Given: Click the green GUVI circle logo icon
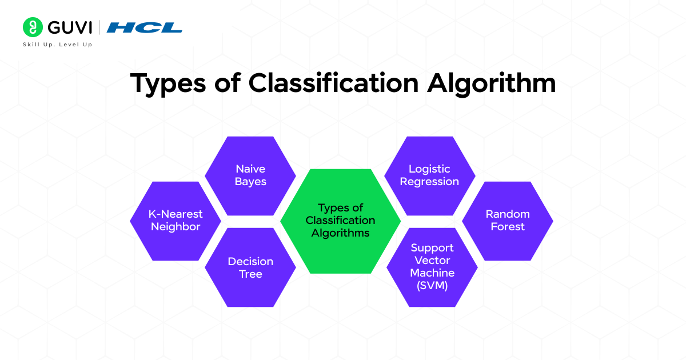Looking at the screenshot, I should (33, 27).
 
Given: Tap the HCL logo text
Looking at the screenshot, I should (144, 27).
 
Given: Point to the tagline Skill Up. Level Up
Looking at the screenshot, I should (57, 45).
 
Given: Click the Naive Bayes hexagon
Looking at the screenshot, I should (250, 175).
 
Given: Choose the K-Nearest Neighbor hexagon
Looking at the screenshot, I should (176, 221).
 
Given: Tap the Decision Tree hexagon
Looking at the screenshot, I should (250, 267).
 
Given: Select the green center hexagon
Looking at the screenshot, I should (340, 221).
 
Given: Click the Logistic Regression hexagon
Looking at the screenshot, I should (429, 175).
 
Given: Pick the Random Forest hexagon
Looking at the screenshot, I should (507, 221).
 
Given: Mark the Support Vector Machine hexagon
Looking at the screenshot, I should (432, 267).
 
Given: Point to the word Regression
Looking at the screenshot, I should (429, 182).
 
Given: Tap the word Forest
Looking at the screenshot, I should (507, 227).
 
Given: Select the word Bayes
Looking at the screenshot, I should (250, 182).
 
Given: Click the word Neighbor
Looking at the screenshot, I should (176, 227).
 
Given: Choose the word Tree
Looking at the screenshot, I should (250, 274).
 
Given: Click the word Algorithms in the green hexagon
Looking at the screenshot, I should (340, 233).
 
